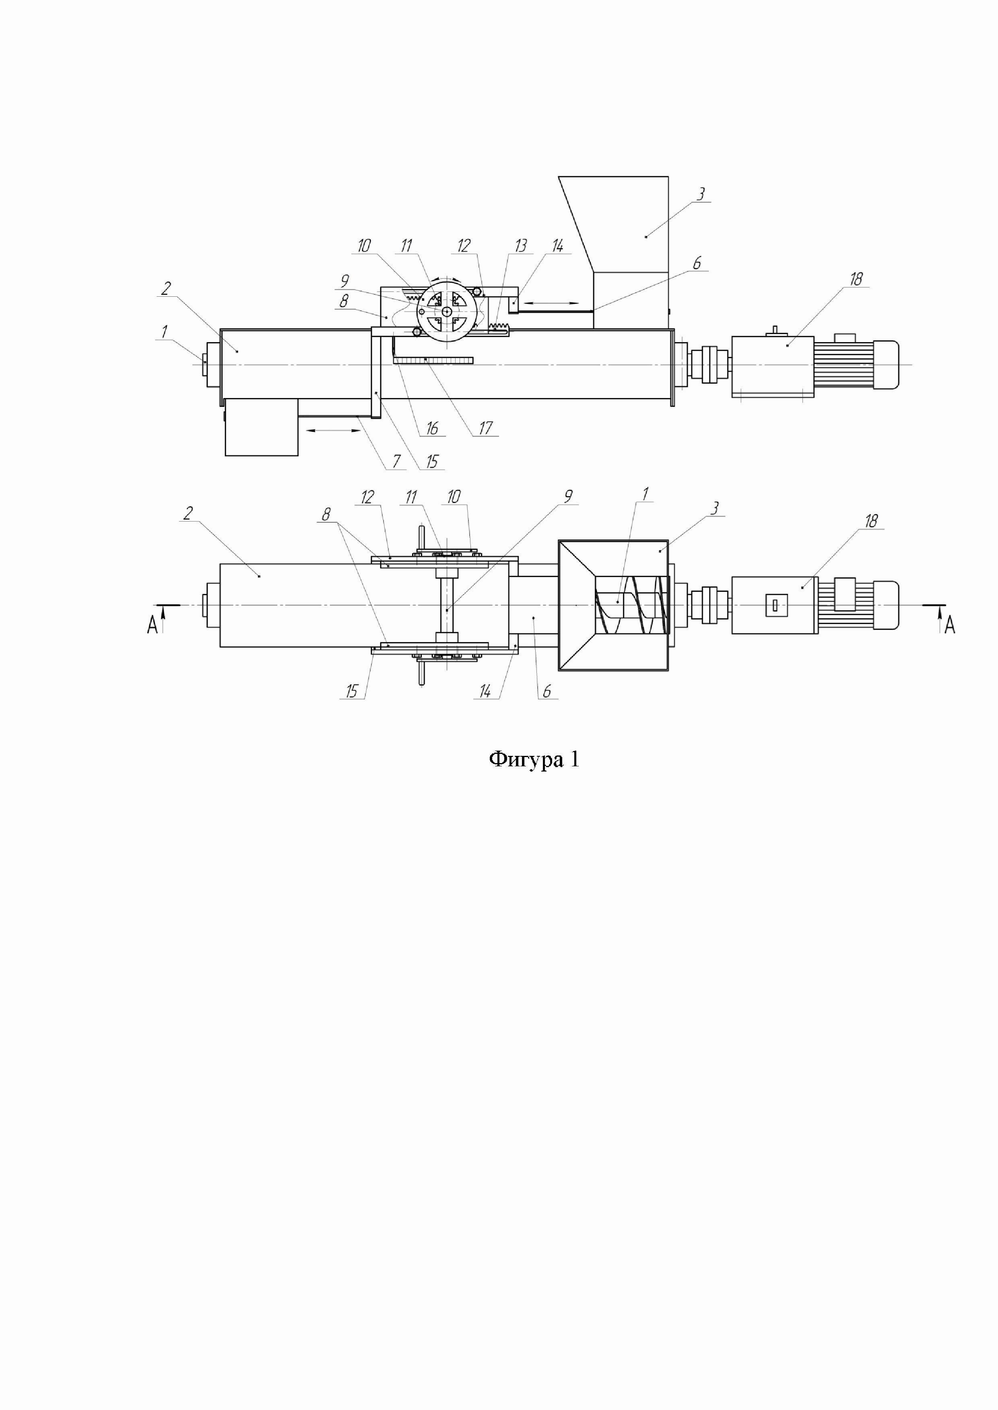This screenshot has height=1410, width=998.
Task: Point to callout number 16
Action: point(432,428)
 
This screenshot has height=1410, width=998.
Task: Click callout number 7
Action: point(396,461)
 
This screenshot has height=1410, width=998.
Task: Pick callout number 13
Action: point(520,246)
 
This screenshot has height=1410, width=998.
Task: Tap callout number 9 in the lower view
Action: point(569,496)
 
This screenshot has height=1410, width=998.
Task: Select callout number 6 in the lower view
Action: point(546,692)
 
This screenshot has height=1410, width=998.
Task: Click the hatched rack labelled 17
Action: point(433,360)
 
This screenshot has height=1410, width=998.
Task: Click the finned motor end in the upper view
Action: point(854,365)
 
